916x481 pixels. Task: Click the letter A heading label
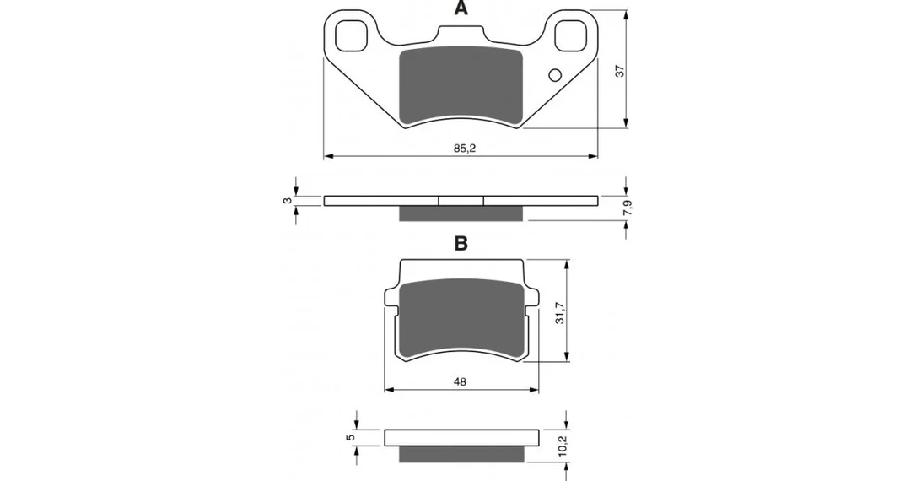pyautogui.click(x=461, y=8)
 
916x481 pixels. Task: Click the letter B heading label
pyautogui.click(x=461, y=243)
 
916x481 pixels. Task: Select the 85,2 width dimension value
pyautogui.click(x=465, y=149)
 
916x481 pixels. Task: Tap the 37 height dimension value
pyautogui.click(x=621, y=70)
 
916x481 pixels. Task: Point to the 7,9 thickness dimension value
pyautogui.click(x=628, y=208)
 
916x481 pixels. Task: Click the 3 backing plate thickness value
pyautogui.click(x=286, y=201)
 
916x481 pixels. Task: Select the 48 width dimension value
pyautogui.click(x=461, y=381)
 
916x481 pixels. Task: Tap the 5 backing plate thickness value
pyautogui.click(x=350, y=437)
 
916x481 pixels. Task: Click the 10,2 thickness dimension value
pyautogui.click(x=562, y=447)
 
